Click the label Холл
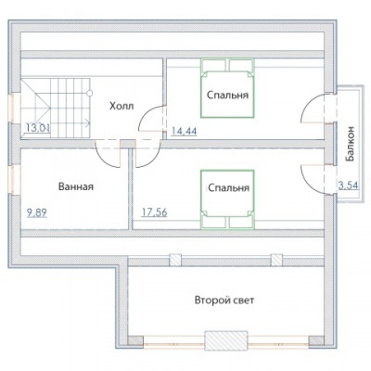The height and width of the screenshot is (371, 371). point(122,106)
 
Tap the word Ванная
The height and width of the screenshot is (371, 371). point(76,186)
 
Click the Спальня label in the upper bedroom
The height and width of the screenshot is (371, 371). point(227,95)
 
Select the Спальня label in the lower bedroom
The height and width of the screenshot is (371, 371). point(228,187)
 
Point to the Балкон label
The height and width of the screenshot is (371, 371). point(351,144)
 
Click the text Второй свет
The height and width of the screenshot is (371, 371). point(224,300)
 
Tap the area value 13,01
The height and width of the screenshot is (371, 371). point(37,128)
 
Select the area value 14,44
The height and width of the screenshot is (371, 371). point(184,131)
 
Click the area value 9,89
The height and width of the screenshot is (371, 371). point(37,212)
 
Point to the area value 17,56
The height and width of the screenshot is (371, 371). point(154,212)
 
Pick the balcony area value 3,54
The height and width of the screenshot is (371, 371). point(349,185)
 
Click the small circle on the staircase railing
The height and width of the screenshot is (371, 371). point(89,93)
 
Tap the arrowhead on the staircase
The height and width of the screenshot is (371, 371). point(88,122)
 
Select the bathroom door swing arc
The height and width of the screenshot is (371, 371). point(104,160)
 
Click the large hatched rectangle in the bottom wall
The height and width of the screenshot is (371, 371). point(226,340)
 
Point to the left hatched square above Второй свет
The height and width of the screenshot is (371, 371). point(175,260)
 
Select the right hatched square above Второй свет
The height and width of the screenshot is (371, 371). point(276,260)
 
